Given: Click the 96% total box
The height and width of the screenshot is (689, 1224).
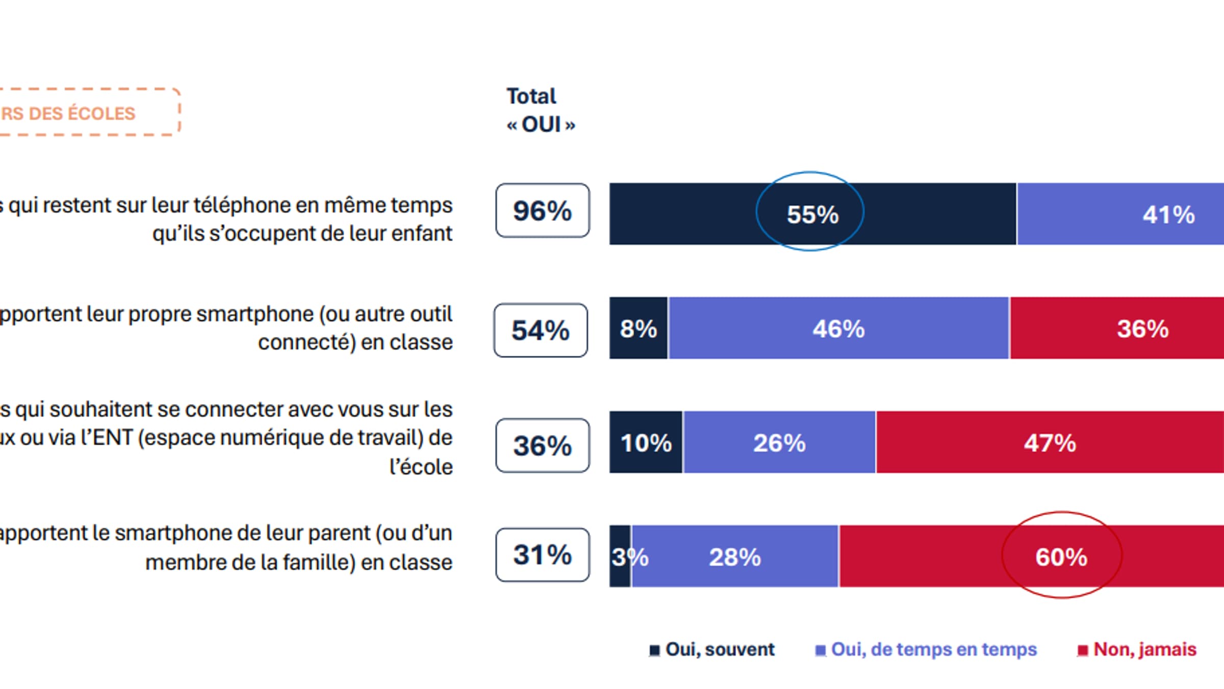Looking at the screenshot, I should coord(542,211).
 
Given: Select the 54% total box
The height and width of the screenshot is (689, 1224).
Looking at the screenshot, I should coord(541,330).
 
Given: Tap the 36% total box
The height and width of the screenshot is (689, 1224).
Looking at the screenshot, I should coord(542,446).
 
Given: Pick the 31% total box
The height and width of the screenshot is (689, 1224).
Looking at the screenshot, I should coord(542,555).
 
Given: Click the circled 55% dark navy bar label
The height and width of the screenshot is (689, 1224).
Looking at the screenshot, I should coord(812,214).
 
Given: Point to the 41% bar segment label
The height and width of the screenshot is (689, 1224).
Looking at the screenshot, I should coord(1168,214).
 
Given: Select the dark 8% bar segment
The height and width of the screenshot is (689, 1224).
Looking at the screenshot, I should coord(638,328).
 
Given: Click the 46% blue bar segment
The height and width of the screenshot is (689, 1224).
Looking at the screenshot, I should coord(838,328).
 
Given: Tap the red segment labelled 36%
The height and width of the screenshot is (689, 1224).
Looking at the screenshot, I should coord(1142,328).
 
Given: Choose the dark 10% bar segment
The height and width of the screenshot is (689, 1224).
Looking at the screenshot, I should coord(646,442).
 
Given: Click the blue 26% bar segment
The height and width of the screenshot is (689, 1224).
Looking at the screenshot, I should coord(779,442).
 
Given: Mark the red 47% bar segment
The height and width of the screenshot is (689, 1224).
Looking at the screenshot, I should coord(1050,442).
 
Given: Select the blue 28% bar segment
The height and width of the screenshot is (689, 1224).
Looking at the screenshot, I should coord(734,557).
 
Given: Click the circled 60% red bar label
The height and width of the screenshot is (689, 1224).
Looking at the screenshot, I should coord(1061,557).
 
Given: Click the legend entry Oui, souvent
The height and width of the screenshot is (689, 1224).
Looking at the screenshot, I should coord(719,650).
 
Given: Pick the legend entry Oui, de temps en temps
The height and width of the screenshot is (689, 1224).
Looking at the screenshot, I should coord(933,650).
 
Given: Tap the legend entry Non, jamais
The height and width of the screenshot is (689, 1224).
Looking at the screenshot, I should coord(1144,650).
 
